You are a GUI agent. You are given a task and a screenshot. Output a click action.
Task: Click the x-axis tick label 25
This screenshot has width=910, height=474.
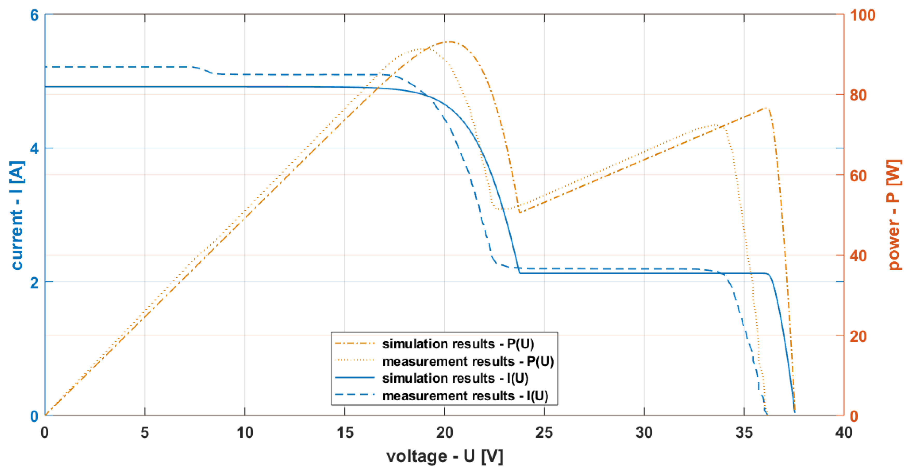point(544,432)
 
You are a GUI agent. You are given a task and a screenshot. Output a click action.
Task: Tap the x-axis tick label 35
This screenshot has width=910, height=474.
point(744,432)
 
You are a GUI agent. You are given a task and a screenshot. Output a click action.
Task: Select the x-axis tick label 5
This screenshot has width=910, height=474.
point(144,432)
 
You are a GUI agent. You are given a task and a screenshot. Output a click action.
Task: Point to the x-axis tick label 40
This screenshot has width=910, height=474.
point(844,432)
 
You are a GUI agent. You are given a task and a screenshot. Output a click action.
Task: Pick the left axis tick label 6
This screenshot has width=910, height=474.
point(34,15)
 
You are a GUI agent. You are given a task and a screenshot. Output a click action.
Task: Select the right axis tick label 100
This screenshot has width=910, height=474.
point(862,15)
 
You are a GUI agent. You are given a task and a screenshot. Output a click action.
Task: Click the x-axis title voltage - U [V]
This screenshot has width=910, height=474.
point(445,456)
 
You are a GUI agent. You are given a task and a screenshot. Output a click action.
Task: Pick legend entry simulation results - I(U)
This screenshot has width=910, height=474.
point(455,378)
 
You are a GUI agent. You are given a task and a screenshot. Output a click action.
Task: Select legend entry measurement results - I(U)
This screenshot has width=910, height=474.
point(465,395)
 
